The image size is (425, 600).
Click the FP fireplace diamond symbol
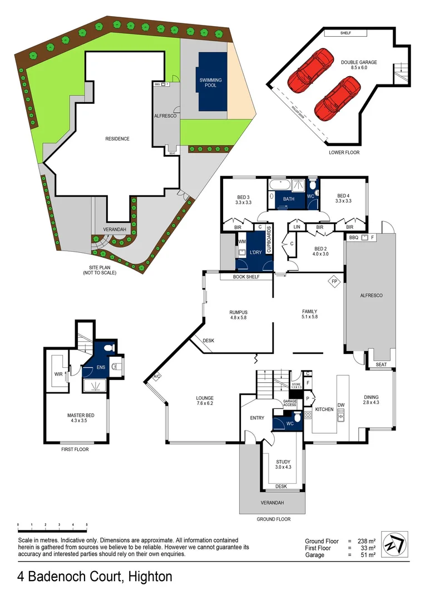coord(334,281)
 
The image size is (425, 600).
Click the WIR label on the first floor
coord(58,374)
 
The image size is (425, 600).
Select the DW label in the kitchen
coord(341,404)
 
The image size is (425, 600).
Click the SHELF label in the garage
coord(354,33)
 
